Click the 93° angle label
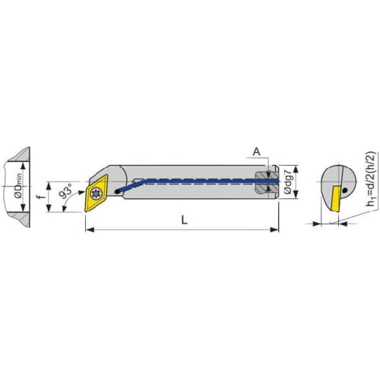click(x=66, y=192)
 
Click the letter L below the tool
click(x=185, y=220)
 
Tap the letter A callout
click(x=257, y=152)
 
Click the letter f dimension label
click(x=40, y=196)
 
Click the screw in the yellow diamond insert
click(x=96, y=194)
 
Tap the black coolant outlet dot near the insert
click(x=117, y=192)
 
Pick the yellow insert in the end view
click(x=334, y=198)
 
